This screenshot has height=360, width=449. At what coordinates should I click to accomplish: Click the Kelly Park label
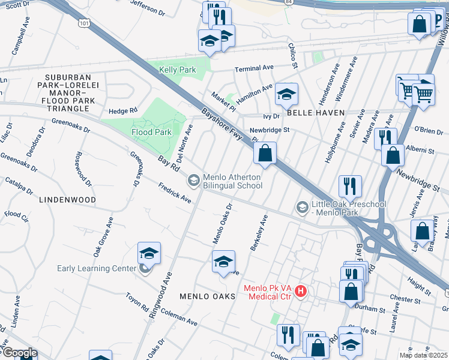[x=178, y=70]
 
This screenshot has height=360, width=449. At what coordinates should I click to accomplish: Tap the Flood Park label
[x=152, y=132]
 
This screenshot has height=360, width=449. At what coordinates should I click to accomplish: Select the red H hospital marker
[x=301, y=292]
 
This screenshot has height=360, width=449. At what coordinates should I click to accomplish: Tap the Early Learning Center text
[x=97, y=268]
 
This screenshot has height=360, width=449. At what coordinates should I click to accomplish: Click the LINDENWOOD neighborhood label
[x=68, y=199]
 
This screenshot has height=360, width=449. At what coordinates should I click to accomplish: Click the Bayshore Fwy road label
[x=222, y=124]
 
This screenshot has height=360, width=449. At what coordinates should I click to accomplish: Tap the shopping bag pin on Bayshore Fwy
[x=265, y=154]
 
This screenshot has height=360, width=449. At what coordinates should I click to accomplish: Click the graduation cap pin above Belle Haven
[x=287, y=95]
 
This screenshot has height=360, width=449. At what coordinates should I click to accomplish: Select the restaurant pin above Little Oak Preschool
[x=349, y=187]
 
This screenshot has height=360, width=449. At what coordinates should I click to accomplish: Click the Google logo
[x=20, y=353]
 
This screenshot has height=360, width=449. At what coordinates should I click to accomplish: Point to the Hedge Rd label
[x=123, y=110]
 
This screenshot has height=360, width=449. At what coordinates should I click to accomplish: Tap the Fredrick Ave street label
[x=174, y=194]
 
